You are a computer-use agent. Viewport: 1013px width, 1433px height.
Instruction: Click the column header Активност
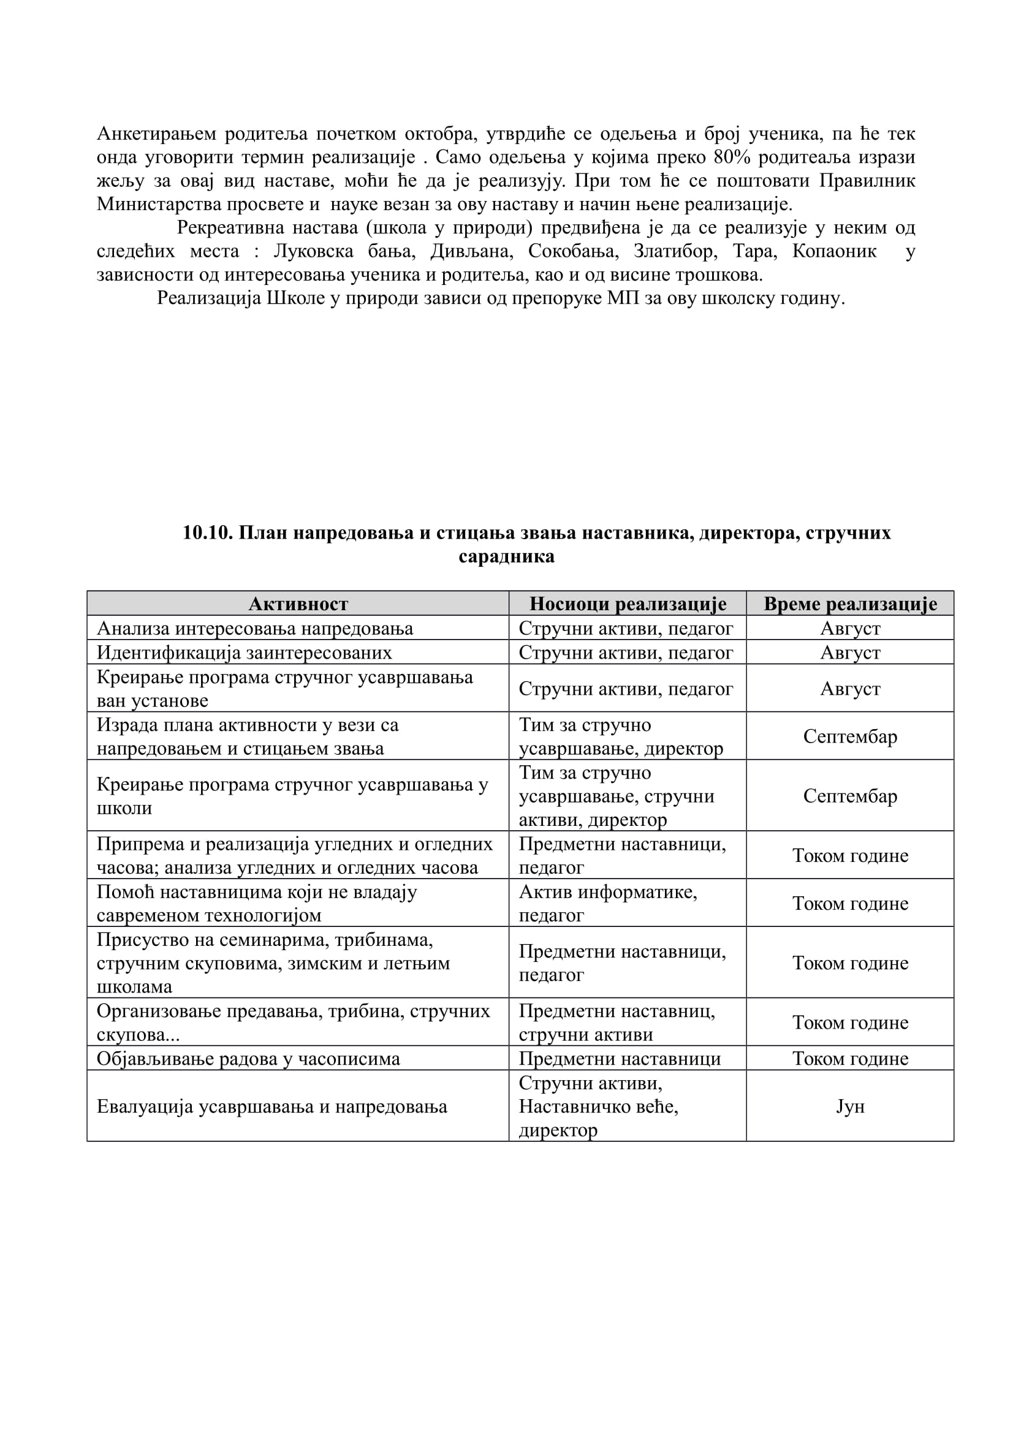[x=298, y=603]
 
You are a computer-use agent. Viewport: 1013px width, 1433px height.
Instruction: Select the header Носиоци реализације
[x=628, y=603]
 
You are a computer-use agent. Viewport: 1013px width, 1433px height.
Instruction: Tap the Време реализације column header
[x=849, y=603]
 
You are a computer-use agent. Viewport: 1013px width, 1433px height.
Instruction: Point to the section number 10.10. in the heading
[x=207, y=532]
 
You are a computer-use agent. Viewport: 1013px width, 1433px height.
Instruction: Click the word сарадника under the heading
[x=506, y=556]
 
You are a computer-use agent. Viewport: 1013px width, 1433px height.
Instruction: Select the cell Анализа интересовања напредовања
[x=255, y=628]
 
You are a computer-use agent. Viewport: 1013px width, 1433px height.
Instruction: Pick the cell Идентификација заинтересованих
[x=244, y=652]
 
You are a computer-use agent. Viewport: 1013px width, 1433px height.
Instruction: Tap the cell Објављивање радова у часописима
[x=248, y=1059]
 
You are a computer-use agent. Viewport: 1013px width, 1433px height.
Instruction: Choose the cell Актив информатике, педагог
[x=608, y=903]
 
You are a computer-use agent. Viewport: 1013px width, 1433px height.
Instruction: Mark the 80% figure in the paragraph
[x=732, y=157]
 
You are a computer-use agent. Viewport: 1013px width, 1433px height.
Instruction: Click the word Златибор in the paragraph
[x=673, y=251]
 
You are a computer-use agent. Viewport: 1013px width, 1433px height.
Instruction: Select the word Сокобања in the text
[x=573, y=251]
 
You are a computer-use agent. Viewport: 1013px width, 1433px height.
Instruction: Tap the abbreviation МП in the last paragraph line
[x=621, y=298]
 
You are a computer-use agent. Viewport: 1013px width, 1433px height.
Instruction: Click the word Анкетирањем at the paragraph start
[x=156, y=134]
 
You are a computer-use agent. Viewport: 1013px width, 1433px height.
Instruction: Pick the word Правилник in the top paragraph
[x=867, y=181]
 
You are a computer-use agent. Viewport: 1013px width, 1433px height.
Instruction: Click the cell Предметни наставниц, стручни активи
[x=617, y=1023]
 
